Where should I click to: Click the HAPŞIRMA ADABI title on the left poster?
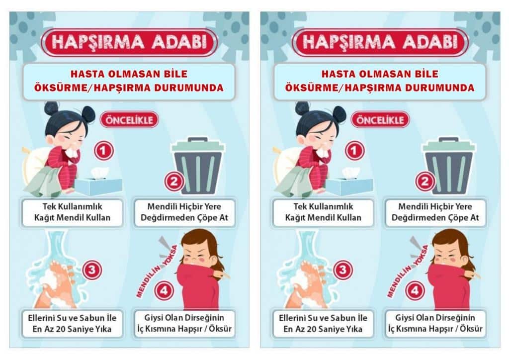tap(129, 42)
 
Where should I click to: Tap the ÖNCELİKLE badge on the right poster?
tap(380, 120)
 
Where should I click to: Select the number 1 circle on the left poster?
tap(103, 151)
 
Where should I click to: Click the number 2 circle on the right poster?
tap(425, 181)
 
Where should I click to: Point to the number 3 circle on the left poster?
tap(92, 270)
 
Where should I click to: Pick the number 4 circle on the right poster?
tap(415, 290)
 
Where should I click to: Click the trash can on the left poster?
tap(198, 166)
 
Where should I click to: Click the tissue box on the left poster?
tap(98, 183)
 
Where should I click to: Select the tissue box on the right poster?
tap(349, 183)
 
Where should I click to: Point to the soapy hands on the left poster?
tap(55, 285)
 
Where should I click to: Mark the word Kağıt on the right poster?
tap(296, 217)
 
